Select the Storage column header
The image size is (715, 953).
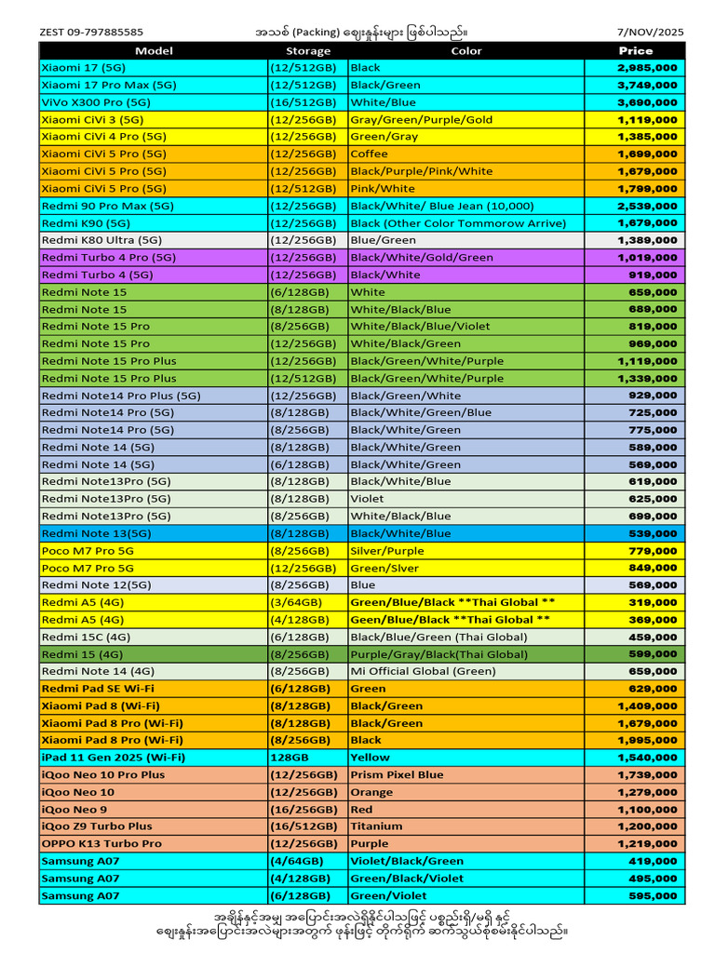click(x=307, y=51)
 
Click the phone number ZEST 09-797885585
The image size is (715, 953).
click(x=91, y=32)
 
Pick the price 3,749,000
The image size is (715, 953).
click(x=647, y=85)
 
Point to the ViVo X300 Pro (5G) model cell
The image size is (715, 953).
click(x=96, y=102)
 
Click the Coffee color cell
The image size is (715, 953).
click(x=369, y=154)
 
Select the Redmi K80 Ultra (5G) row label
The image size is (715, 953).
click(x=101, y=240)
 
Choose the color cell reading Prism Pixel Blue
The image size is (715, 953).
click(x=397, y=774)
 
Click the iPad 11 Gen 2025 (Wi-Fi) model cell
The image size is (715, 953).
click(x=113, y=758)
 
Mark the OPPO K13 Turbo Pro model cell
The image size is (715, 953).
click(x=101, y=843)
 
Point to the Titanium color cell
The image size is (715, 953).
click(x=376, y=826)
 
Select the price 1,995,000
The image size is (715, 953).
click(x=647, y=740)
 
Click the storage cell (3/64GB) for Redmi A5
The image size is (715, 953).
click(x=296, y=602)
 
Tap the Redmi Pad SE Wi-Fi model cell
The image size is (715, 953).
click(x=98, y=689)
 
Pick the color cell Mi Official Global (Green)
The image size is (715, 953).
click(x=423, y=671)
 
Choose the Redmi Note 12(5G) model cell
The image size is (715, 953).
click(x=96, y=584)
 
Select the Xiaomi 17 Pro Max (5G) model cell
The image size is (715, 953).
click(x=109, y=85)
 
